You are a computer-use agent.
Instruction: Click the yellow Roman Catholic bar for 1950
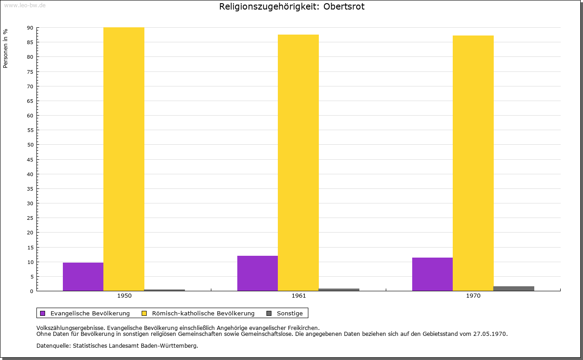click(x=124, y=159)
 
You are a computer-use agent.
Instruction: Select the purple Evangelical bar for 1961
click(x=257, y=274)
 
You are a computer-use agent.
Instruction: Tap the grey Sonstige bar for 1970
click(x=514, y=289)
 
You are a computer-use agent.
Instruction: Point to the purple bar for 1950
click(x=83, y=277)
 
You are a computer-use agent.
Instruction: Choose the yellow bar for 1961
click(x=298, y=163)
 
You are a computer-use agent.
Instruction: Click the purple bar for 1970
click(x=432, y=274)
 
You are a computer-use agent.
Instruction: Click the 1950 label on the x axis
click(x=124, y=296)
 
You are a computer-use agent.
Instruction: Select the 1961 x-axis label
click(x=299, y=296)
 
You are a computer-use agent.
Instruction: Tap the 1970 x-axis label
click(x=473, y=296)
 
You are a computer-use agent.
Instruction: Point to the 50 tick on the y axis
click(x=30, y=145)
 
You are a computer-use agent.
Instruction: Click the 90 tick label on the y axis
click(x=30, y=28)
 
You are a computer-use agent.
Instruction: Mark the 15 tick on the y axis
click(x=30, y=248)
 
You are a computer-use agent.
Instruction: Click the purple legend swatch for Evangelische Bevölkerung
click(x=43, y=313)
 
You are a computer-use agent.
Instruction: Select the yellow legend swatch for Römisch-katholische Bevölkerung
click(x=144, y=313)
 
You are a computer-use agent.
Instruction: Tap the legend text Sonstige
click(x=290, y=313)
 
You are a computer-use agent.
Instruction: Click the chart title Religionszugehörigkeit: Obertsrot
click(x=291, y=7)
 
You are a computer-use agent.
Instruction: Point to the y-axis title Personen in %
click(x=5, y=48)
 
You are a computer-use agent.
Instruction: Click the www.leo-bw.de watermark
click(x=25, y=5)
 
